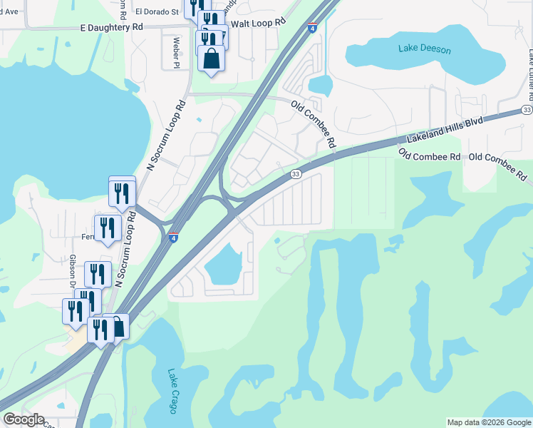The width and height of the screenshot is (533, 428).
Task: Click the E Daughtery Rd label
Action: (102, 27)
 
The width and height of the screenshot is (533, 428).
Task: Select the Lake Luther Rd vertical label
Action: (529, 68)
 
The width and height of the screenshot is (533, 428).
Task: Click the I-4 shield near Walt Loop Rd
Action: (313, 27)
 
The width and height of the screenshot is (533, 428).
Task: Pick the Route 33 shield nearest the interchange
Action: (296, 174)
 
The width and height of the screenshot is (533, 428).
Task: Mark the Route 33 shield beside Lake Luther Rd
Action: (526, 109)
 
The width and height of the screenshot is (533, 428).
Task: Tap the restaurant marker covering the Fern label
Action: (108, 228)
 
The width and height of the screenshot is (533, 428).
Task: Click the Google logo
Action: (24, 419)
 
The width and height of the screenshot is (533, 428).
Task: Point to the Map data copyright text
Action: (488, 422)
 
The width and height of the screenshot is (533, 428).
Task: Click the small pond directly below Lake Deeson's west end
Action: (321, 86)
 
